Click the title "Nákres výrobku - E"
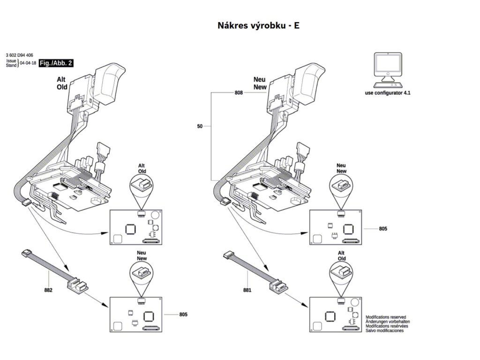click(258, 25)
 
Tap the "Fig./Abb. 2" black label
click(56, 63)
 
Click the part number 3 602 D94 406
click(20, 55)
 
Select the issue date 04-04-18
click(28, 63)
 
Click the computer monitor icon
click(388, 68)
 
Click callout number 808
click(239, 93)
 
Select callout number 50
click(200, 126)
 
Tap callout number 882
click(48, 290)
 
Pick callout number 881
click(247, 290)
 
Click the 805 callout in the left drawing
click(183, 314)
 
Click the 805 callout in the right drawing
click(383, 228)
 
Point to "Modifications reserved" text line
click(386, 317)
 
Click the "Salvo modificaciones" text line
click(384, 331)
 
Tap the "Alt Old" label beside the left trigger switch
click(62, 83)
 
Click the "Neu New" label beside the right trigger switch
click(259, 83)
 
